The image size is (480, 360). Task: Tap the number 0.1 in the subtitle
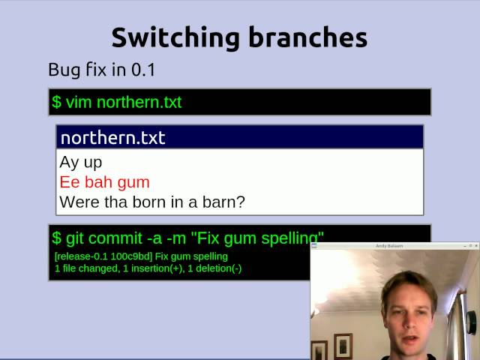142,70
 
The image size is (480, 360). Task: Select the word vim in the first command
79,102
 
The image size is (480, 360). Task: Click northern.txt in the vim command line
139,102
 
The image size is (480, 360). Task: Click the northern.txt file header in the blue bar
112,137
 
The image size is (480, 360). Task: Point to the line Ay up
81,162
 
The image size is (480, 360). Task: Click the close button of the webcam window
475,246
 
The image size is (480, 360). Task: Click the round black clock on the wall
472,322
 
